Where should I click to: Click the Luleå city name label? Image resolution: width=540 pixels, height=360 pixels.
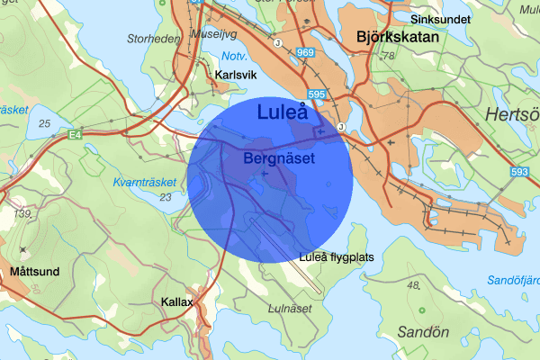point(283,112)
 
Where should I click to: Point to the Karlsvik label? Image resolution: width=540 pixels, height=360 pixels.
point(236,75)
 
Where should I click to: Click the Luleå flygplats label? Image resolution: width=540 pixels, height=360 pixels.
point(336,257)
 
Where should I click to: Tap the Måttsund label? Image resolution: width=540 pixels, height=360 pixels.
point(35,270)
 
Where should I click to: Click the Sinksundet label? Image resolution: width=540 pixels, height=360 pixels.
point(441,18)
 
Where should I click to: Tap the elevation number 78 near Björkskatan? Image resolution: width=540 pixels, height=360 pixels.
point(389,56)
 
